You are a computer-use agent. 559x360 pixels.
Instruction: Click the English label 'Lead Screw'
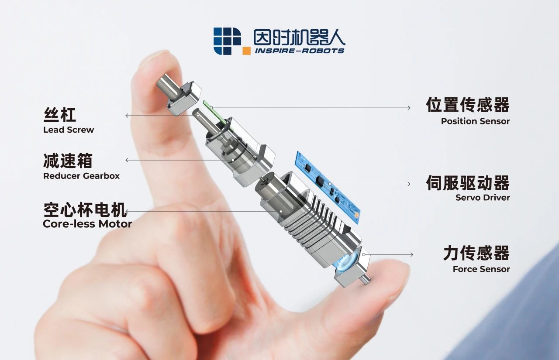[x=69, y=130]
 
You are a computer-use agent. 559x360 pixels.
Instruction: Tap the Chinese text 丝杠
[x=60, y=115]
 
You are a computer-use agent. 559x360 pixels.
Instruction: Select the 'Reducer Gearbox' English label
[x=81, y=176]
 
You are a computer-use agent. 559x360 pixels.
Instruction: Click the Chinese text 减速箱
[x=68, y=161]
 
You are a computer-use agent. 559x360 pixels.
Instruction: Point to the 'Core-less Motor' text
[x=87, y=224]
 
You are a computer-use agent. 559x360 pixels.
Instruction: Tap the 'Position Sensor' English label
[x=475, y=121]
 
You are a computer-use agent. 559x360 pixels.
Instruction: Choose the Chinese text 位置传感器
[x=468, y=105]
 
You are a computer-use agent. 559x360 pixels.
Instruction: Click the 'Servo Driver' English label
[x=483, y=197]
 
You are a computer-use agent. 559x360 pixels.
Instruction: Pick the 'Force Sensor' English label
[x=481, y=269]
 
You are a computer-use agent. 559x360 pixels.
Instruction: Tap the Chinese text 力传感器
[x=476, y=253]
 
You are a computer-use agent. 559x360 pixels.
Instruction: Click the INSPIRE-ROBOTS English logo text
[x=299, y=51]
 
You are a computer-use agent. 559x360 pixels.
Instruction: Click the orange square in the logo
[x=246, y=51]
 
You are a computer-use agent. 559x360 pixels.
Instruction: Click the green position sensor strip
[x=214, y=112]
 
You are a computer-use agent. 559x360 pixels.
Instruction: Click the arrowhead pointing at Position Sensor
[x=409, y=108]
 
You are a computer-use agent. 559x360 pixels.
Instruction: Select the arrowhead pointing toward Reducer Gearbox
[x=127, y=160]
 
